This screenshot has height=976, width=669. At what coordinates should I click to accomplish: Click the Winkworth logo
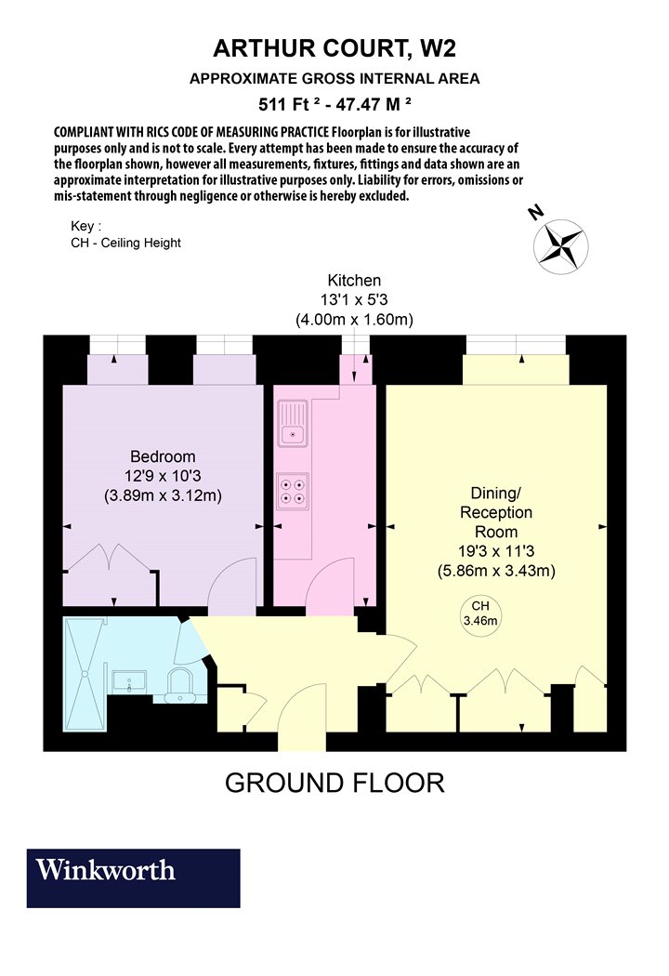tap(133, 877)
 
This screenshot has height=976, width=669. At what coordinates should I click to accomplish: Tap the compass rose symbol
tap(560, 246)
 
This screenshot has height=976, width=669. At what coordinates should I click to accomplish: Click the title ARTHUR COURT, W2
tap(334, 48)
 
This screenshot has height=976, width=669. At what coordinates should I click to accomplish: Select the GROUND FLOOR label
tap(334, 783)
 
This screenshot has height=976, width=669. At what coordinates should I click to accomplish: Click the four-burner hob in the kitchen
tap(293, 490)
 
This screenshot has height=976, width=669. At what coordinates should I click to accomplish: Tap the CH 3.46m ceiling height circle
tap(480, 613)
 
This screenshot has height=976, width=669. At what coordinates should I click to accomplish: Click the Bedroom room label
tap(163, 456)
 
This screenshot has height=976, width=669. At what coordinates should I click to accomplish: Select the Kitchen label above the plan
tap(354, 280)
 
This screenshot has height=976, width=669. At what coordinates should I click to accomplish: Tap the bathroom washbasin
tap(129, 681)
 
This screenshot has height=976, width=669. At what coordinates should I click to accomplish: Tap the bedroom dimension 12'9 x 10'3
tap(163, 476)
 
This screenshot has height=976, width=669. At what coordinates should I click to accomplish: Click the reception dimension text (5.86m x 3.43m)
tap(496, 571)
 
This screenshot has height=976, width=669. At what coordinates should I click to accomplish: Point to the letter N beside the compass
tap(535, 212)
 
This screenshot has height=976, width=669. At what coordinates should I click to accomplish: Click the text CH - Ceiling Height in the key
tap(125, 243)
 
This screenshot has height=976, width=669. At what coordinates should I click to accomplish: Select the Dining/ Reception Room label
tap(496, 512)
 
